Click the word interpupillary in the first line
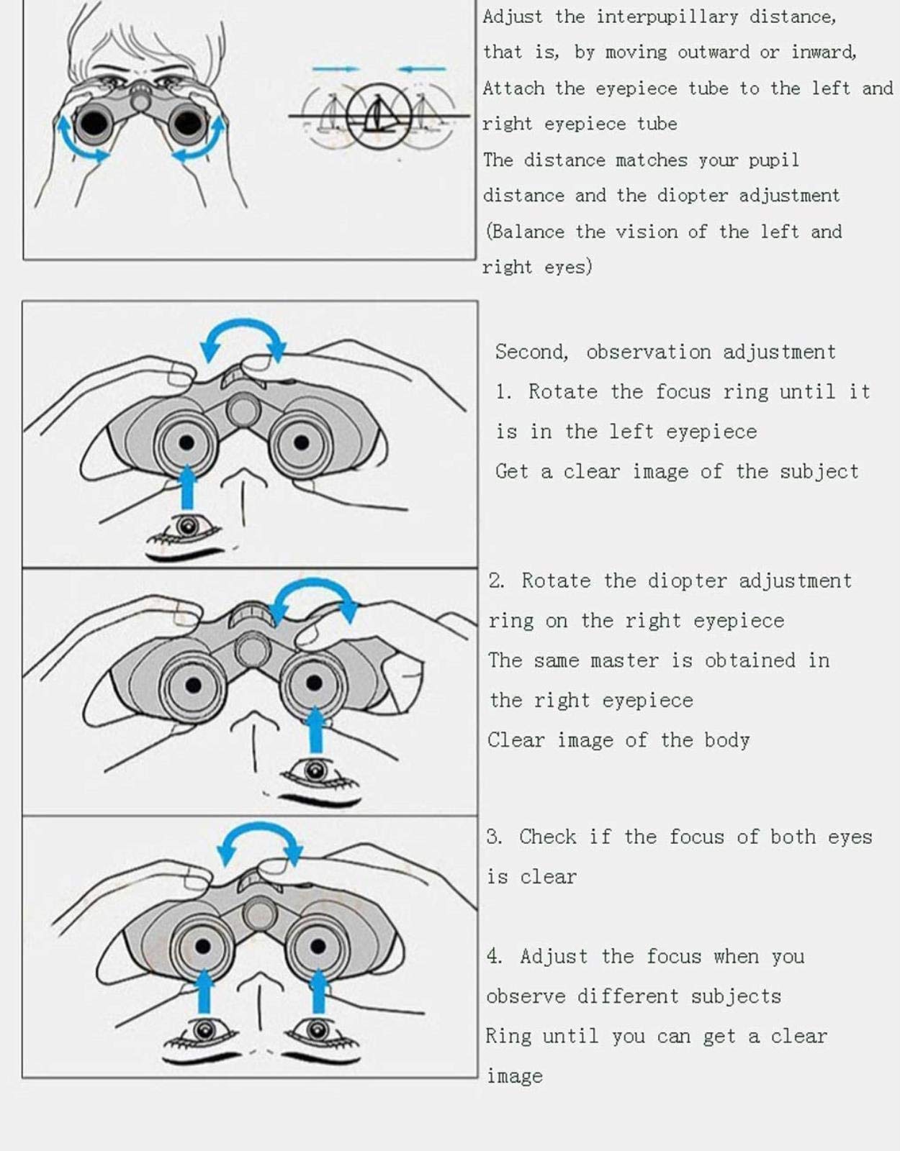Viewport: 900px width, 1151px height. point(667,17)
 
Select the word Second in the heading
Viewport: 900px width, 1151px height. point(531,352)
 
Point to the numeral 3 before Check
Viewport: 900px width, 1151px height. point(493,837)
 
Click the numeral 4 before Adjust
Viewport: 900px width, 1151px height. point(493,956)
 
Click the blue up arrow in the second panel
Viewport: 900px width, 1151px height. point(186,487)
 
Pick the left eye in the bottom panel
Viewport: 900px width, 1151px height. point(204,1030)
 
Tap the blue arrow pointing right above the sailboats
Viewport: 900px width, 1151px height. point(336,69)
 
